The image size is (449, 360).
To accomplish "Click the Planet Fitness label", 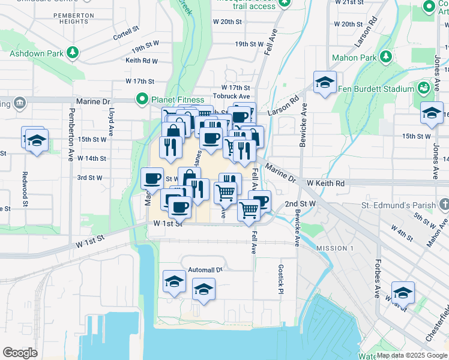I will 178,100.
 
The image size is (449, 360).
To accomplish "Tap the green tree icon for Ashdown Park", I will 73,53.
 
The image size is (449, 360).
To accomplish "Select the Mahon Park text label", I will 354,58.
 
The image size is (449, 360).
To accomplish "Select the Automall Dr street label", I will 205,269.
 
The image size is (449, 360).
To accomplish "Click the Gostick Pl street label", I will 280,279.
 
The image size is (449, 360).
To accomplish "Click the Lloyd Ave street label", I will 112,124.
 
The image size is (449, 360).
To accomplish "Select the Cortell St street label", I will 126,32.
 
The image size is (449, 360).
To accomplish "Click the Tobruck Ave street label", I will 231,96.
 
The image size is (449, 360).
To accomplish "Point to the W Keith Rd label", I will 325,183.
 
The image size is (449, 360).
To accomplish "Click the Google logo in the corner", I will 20,353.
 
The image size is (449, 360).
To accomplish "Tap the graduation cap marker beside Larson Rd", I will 325,82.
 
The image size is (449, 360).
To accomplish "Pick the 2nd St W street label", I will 300,204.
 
